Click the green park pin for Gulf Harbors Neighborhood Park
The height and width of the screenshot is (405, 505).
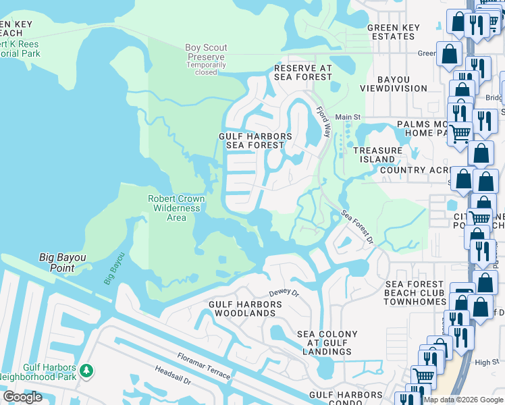[86, 370]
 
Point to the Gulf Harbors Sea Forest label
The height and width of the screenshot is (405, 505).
[255, 141]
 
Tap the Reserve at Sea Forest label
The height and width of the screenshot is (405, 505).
[303, 73]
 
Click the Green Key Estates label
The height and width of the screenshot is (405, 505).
[393, 32]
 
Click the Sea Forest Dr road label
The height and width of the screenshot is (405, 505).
[357, 226]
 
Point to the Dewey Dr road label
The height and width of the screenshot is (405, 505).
[283, 293]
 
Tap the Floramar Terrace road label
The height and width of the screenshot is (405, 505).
[203, 367]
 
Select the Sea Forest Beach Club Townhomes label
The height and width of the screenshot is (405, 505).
[415, 293]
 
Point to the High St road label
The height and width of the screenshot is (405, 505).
[486, 362]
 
